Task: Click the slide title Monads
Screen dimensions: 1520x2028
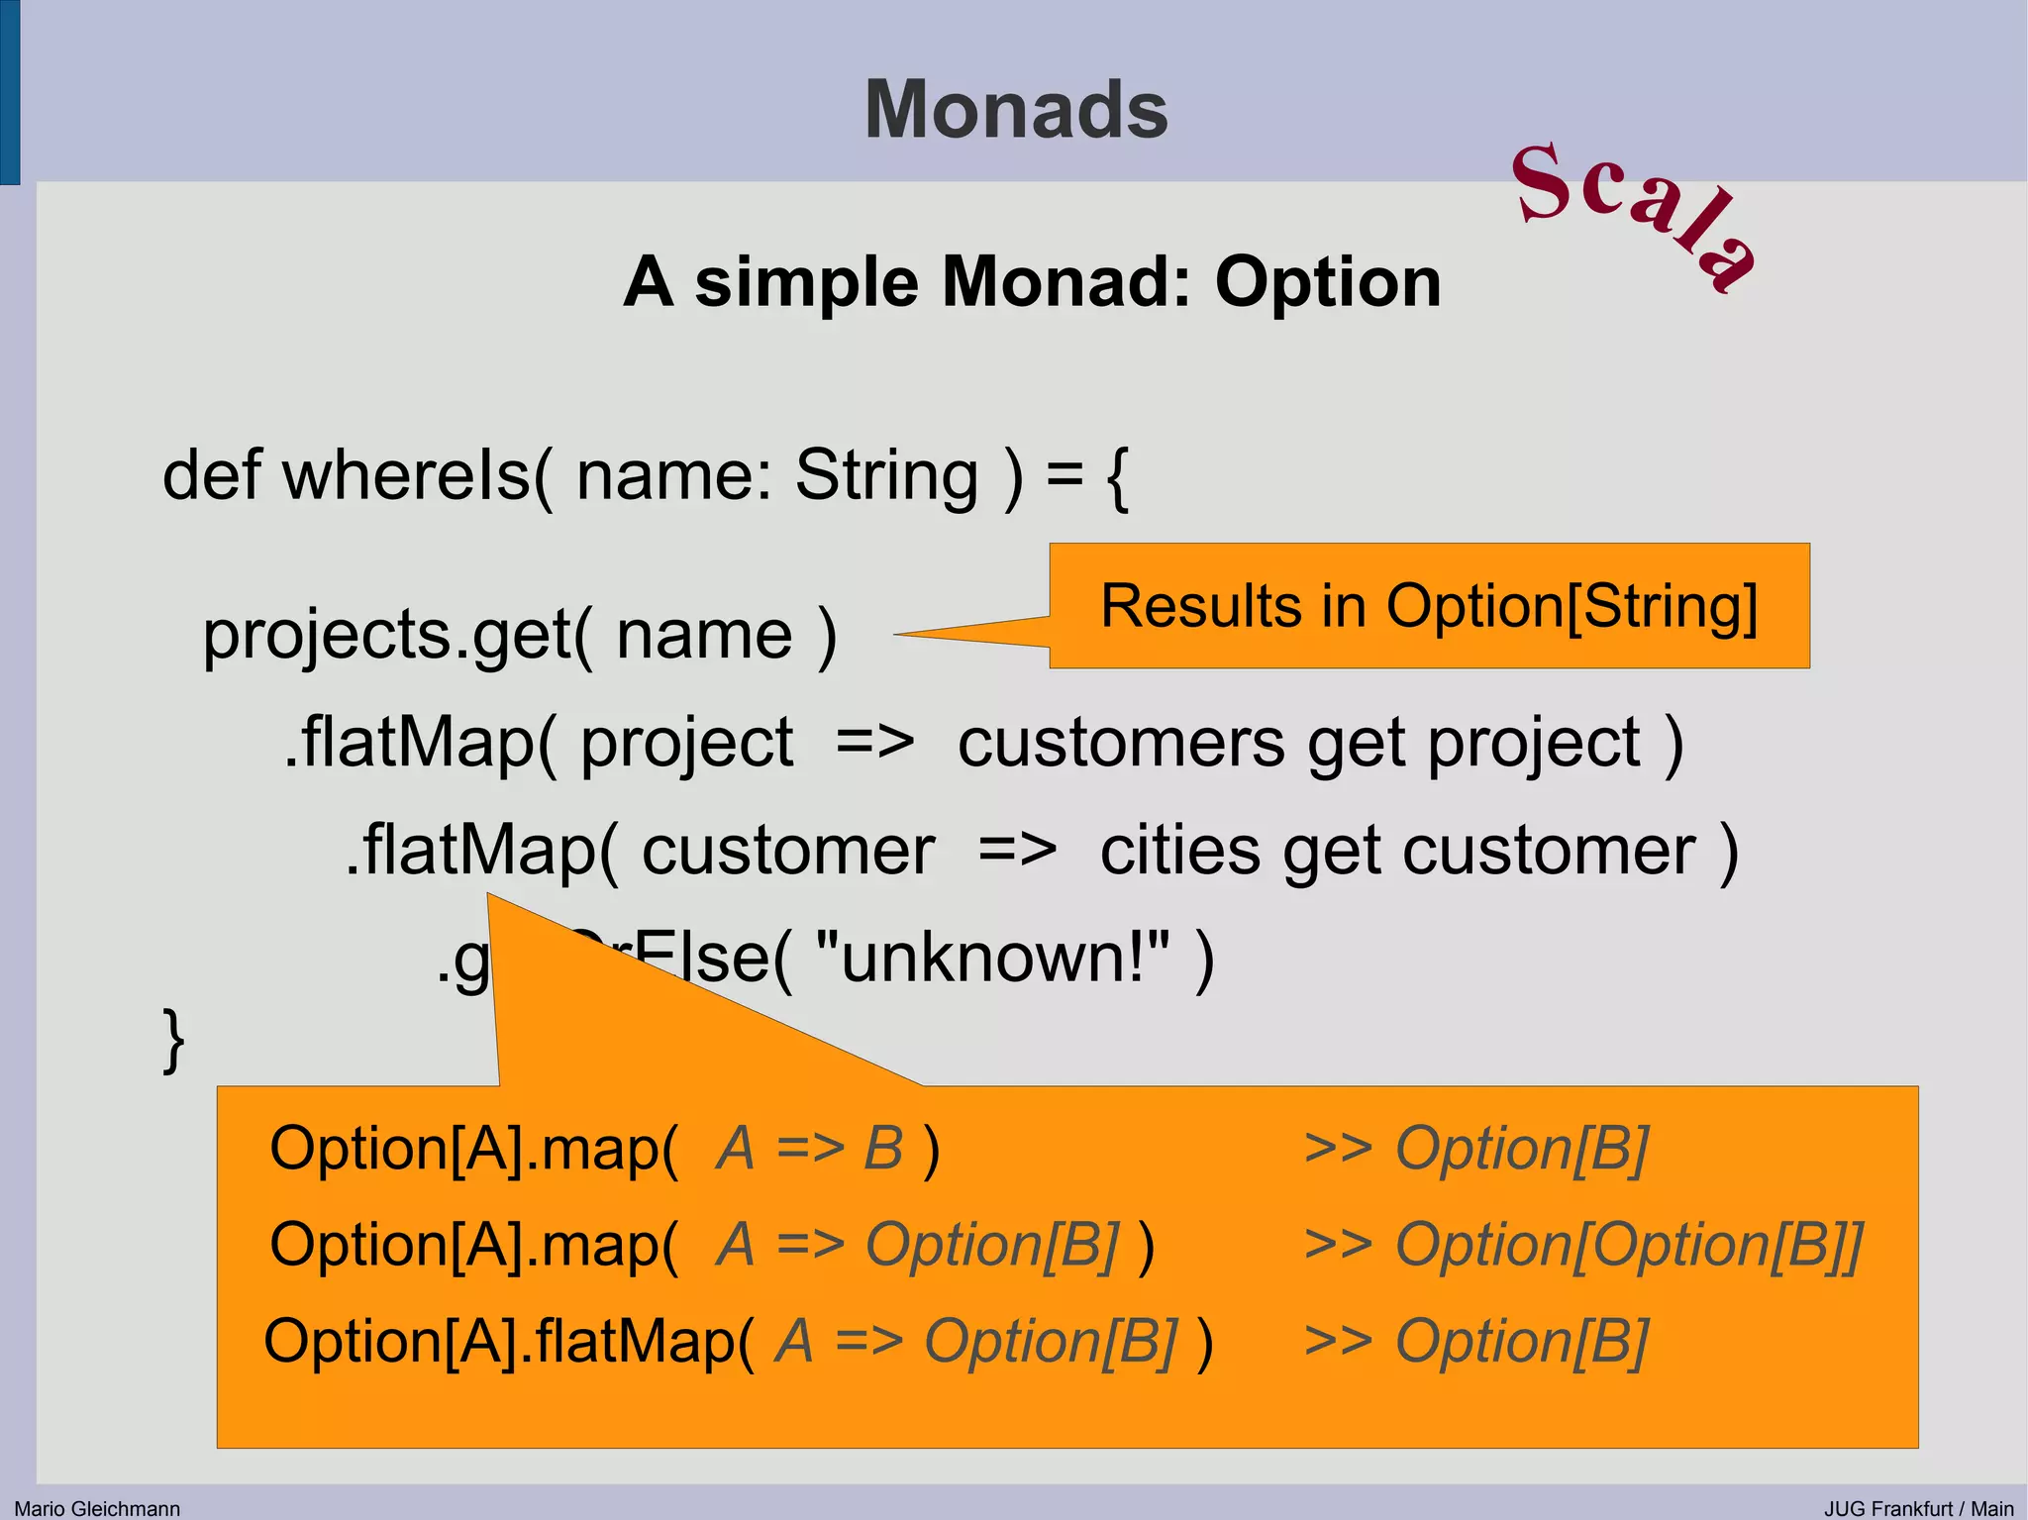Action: (1016, 110)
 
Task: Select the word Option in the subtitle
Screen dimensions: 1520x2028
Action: (1328, 283)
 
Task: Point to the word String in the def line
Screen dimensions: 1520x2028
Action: (886, 476)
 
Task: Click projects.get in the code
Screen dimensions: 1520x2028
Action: (386, 635)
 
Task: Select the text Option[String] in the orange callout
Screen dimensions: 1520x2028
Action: (1572, 606)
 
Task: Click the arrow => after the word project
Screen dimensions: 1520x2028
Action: (874, 743)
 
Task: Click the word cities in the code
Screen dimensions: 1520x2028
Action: (1179, 851)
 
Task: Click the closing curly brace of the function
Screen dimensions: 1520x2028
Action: (174, 1040)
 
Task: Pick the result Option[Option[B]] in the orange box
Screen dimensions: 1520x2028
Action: (1629, 1245)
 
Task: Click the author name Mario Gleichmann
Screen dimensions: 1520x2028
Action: (97, 1508)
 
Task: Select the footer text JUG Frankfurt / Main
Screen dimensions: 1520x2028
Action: (1918, 1508)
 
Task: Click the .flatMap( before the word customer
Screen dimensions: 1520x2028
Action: (481, 851)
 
